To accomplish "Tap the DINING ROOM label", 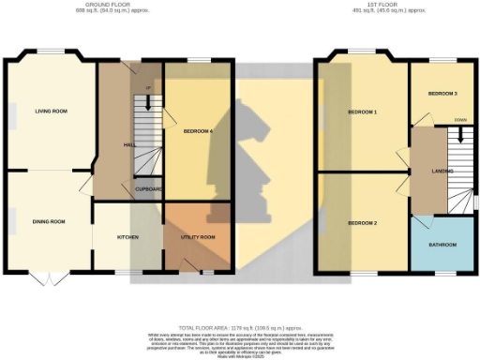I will coord(48,221).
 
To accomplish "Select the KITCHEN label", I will coord(127,237).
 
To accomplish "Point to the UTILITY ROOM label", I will coord(197,237).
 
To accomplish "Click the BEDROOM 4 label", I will coord(198,131).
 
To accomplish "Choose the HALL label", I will coord(129,145).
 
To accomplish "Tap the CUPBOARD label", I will coord(149,189).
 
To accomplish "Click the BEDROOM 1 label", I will coord(362,112).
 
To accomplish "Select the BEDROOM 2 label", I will coord(362,222).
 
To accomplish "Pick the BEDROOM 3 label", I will coord(442,95).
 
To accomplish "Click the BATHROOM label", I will coord(442,245).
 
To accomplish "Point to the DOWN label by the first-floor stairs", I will coord(459,121).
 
